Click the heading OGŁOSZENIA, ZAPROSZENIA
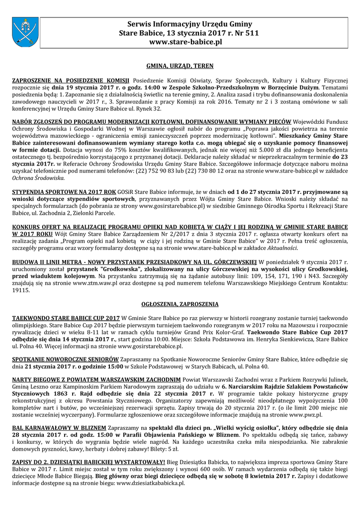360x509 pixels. coord(180,304)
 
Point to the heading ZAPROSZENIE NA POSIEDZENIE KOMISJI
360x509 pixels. coord(71,80)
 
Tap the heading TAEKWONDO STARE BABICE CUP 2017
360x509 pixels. coord(66,318)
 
